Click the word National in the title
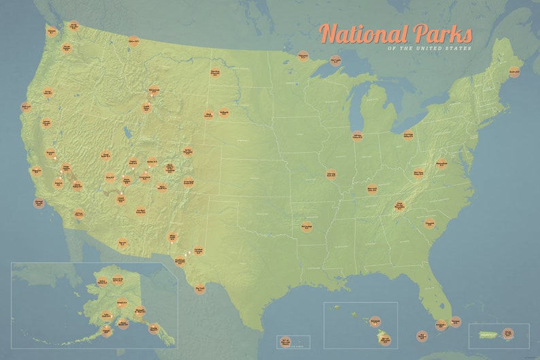pos(364,33)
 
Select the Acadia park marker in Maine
pos(514,71)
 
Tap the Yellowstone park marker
pos(154,90)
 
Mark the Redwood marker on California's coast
pos(27,107)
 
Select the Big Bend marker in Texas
pos(200,289)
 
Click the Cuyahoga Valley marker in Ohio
pos(408,135)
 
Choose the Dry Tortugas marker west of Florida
pos(423,335)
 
